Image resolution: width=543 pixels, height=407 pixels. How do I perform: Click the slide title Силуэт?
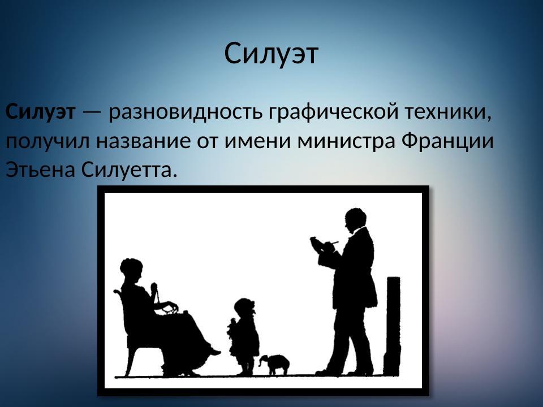[x=271, y=54]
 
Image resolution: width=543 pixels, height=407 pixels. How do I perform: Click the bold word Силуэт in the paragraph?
[x=40, y=112]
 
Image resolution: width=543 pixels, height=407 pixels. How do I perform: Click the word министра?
[x=347, y=141]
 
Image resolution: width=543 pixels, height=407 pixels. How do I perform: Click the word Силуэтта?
[x=130, y=169]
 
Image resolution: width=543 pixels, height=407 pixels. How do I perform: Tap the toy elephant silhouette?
[x=275, y=364]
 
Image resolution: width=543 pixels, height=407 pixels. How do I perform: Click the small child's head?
[x=244, y=309]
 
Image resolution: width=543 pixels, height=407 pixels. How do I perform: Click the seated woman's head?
[x=131, y=270]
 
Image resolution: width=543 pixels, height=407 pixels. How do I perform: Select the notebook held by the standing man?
[x=321, y=245]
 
